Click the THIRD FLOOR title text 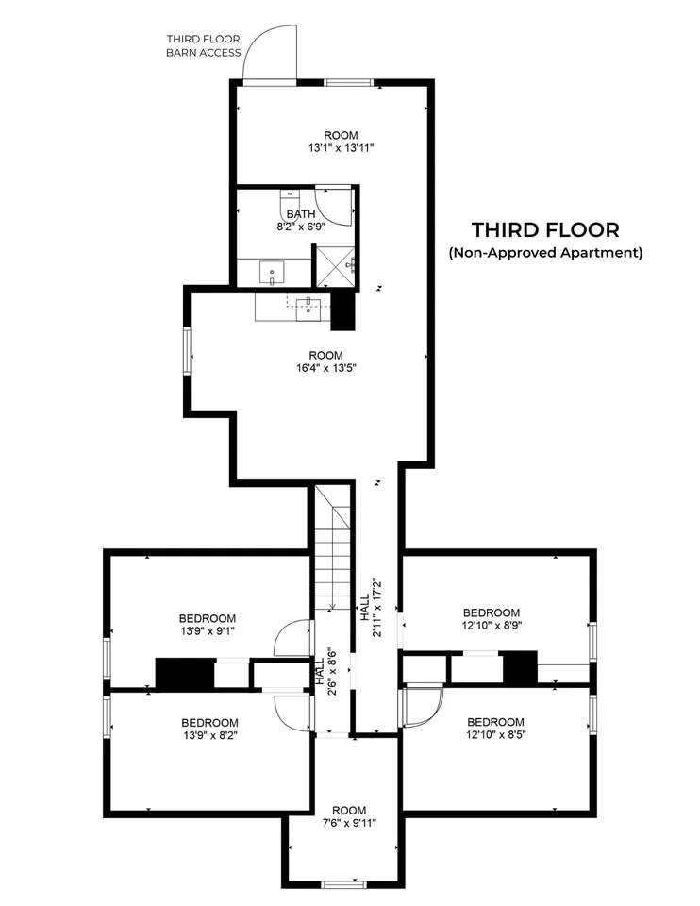pyautogui.click(x=545, y=230)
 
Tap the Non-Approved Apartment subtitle pyautogui.click(x=545, y=253)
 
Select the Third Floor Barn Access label pyautogui.click(x=203, y=45)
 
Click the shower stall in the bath pyautogui.click(x=334, y=265)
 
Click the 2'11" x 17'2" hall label pyautogui.click(x=371, y=607)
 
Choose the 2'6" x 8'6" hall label pyautogui.click(x=325, y=670)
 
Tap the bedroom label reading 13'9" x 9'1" pyautogui.click(x=207, y=625)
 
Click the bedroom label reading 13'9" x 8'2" pyautogui.click(x=209, y=730)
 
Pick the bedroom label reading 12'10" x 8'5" pyautogui.click(x=495, y=728)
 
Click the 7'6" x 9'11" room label pyautogui.click(x=349, y=816)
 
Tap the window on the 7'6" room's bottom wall pyautogui.click(x=343, y=884)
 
